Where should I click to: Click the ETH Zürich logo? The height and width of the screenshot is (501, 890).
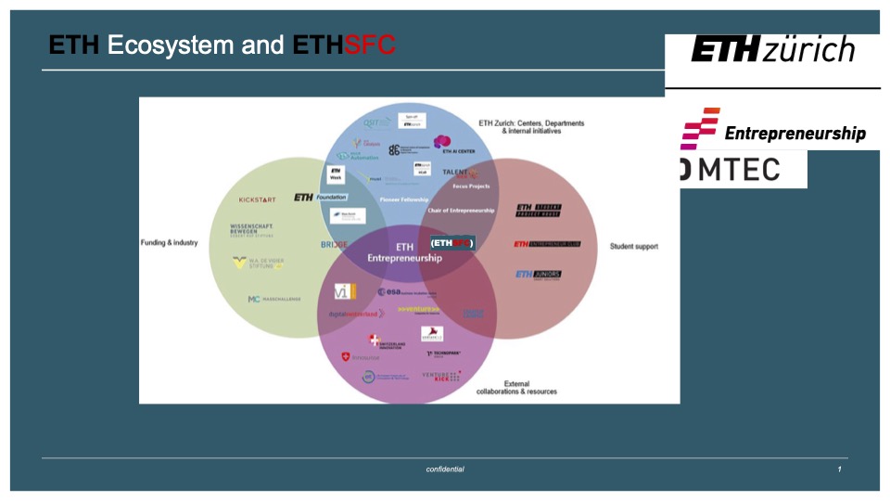point(772,49)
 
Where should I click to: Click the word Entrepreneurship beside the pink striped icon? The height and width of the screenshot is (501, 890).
point(795,134)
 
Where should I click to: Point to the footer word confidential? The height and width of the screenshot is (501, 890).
point(445,469)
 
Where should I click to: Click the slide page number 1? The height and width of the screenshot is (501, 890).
point(839,469)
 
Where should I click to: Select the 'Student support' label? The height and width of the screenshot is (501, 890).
point(634,247)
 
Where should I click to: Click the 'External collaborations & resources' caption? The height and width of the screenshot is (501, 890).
point(516,388)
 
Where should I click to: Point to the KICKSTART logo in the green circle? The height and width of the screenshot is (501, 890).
point(257,199)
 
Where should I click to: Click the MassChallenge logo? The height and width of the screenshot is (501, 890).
point(274,300)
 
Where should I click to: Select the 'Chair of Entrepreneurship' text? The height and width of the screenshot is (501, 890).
point(461,211)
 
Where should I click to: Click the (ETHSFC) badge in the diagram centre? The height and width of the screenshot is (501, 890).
point(452,243)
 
